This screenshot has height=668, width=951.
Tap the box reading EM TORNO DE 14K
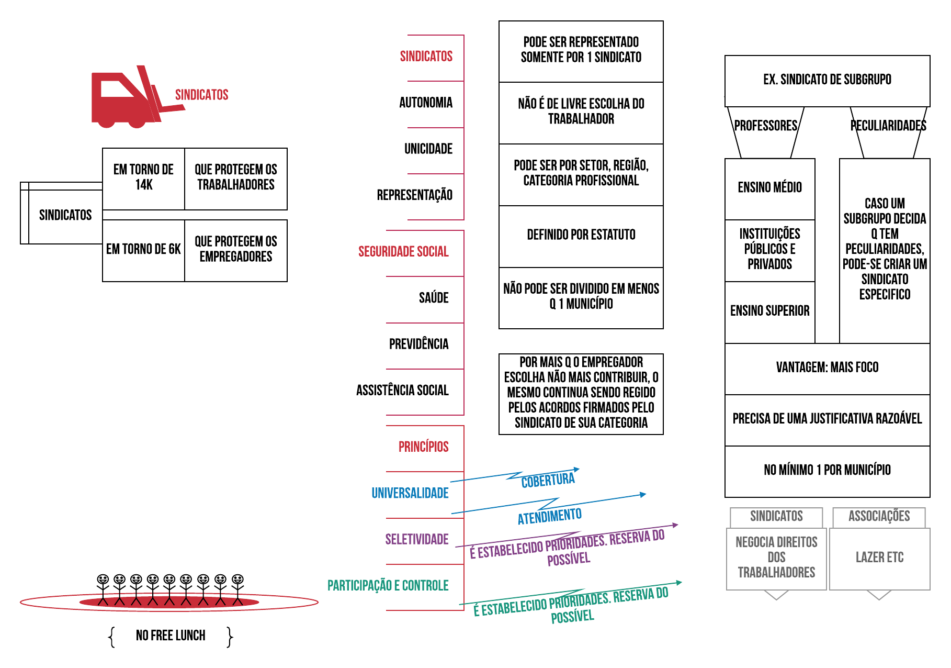point(143,177)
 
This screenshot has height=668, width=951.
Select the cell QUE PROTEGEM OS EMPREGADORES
point(236,250)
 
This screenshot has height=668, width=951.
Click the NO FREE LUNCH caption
point(171,636)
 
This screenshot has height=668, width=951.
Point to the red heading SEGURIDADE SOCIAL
point(403,252)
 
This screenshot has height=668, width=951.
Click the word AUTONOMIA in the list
point(426,103)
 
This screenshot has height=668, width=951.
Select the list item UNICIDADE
point(428,149)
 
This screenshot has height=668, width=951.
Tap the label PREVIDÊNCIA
point(418,344)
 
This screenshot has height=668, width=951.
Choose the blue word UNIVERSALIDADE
point(410,493)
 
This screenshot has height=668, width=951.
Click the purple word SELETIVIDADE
point(417,539)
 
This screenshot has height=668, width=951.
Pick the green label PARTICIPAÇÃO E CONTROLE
point(388,586)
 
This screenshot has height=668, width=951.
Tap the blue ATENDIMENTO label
point(550,517)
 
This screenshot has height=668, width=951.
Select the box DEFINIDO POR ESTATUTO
point(581,235)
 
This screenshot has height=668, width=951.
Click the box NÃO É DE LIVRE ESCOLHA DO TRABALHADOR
point(581,112)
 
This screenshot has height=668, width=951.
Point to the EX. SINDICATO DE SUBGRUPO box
point(827,80)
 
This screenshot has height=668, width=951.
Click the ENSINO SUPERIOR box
point(769,311)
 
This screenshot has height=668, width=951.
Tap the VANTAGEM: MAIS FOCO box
point(827,368)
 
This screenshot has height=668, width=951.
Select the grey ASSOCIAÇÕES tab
point(879,517)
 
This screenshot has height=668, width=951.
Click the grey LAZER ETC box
point(879,558)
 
